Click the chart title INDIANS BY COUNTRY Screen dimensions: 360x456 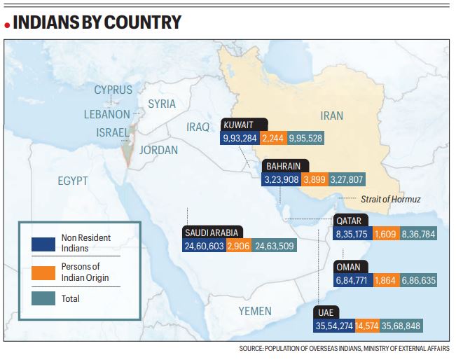pos(97,22)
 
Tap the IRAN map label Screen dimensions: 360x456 pos(331,115)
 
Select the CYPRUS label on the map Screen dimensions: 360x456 pos(113,90)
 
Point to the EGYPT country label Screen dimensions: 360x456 pos(72,181)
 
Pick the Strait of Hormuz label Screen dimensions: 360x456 pos(390,199)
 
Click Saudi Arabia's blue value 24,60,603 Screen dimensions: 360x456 pos(204,246)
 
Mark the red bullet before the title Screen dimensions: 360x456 pos(6,25)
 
